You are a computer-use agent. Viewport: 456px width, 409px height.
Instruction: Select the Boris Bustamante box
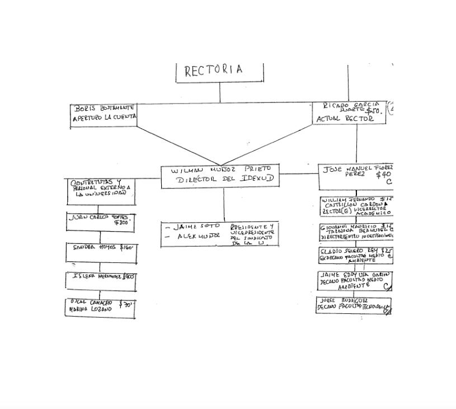point(104,115)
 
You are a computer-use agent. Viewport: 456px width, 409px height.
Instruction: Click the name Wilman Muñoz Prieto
point(221,169)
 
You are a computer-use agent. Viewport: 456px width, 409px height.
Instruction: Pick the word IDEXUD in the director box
point(257,179)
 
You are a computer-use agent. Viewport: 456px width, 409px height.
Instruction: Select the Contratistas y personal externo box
point(101,191)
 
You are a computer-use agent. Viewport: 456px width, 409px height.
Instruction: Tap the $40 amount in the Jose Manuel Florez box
point(383,175)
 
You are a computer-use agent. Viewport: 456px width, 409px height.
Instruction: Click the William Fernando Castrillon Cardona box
point(357,206)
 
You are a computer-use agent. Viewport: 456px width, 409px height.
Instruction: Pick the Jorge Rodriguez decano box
point(353,305)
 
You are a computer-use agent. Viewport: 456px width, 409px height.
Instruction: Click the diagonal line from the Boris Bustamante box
point(179,145)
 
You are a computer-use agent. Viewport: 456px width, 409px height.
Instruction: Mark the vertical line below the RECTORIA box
point(220,93)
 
